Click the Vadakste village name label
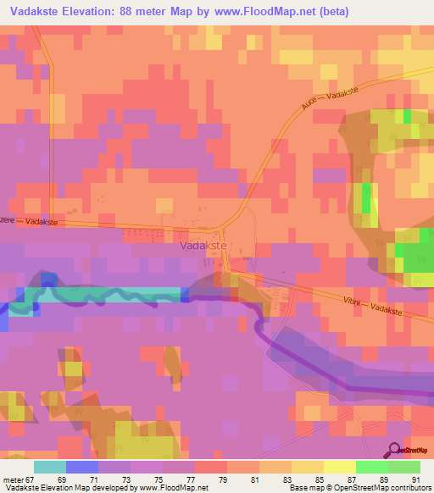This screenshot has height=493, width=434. click(203, 246)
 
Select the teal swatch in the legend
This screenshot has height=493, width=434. click(50, 467)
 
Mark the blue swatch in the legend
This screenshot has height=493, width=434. click(82, 467)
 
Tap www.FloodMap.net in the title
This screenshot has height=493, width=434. click(276, 11)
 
